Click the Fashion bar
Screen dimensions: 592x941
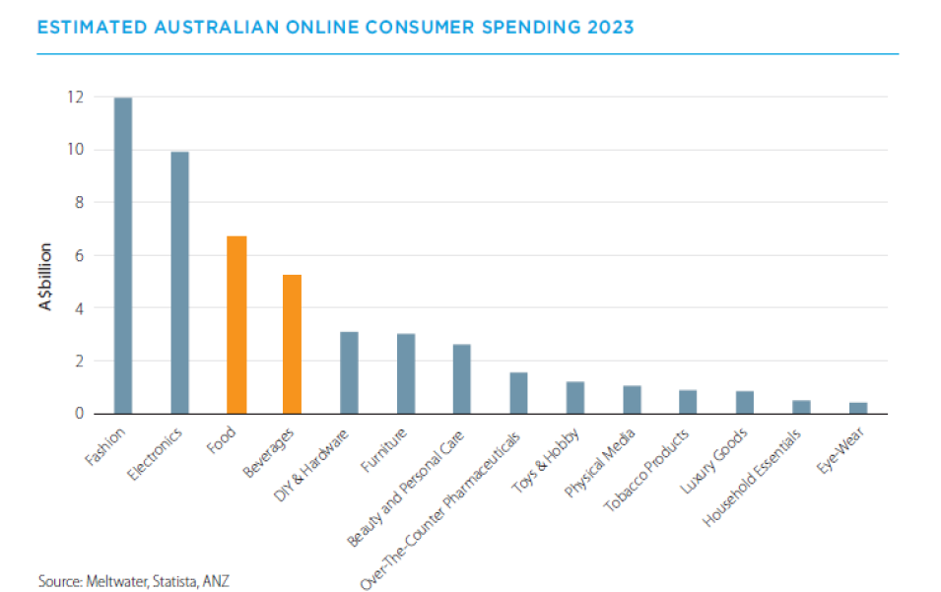coord(122,255)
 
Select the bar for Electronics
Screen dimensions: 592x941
coord(179,283)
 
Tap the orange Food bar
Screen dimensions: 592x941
coord(235,325)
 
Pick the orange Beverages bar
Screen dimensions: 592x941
coord(292,344)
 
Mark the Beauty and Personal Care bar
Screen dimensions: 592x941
coord(461,379)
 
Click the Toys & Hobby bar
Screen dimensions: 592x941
coord(574,397)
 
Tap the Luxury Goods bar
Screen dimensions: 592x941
coord(744,402)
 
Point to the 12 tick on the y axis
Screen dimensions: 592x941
coord(75,98)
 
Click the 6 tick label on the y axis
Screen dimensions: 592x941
coord(79,255)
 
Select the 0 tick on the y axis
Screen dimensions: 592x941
coord(79,414)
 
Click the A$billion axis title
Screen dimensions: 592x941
coord(46,277)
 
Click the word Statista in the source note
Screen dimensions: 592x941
coord(171,581)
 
